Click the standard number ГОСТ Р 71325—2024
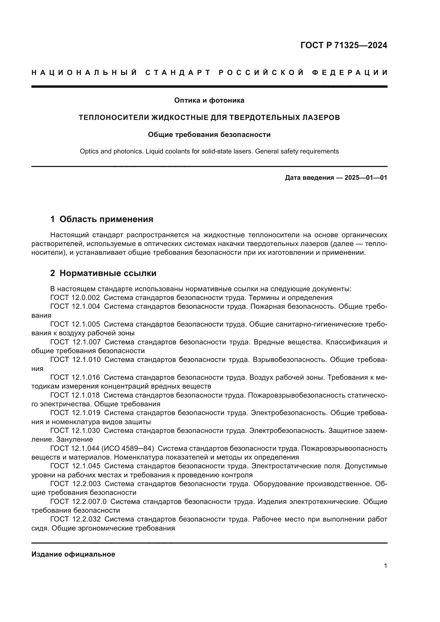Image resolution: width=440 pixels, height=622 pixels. pos(343,45)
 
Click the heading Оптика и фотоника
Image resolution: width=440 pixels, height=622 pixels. pos(209,101)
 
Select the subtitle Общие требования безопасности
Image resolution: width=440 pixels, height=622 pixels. pos(209,135)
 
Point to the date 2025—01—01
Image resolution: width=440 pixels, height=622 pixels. pos(366,178)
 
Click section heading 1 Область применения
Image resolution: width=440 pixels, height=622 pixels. pos(102,219)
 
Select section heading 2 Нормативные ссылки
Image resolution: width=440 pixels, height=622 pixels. pos(103,273)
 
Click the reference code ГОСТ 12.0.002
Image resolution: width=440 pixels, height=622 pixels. pos(75,298)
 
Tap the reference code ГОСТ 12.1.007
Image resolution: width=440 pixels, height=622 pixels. pos(76,342)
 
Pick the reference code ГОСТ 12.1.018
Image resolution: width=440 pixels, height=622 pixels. pos(75,395)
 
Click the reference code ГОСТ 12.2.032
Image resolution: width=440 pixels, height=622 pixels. pos(76,519)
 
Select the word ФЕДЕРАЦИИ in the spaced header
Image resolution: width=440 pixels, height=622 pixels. pos(350,73)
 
